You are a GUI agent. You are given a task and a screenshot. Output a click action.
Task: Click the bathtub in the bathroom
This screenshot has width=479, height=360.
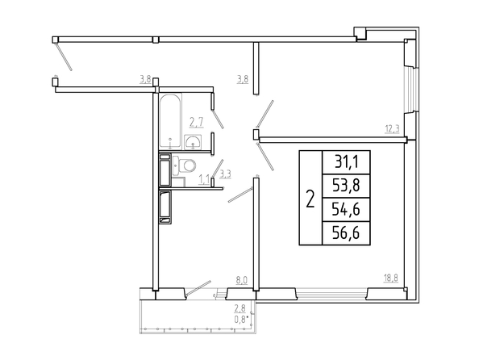[x=170, y=122]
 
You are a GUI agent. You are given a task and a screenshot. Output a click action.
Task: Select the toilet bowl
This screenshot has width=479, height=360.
[x=184, y=165]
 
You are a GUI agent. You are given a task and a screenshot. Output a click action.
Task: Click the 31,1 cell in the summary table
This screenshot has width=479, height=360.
[x=347, y=162]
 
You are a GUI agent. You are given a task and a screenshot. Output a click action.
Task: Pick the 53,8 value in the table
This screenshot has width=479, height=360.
[x=347, y=186]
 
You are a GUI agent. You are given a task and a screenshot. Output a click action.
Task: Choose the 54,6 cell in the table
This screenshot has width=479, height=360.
[x=347, y=209]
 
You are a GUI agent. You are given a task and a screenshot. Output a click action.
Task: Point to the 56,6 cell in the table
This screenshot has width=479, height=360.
[x=347, y=233]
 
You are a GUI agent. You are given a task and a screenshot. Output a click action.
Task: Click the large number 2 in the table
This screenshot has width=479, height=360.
[x=310, y=199]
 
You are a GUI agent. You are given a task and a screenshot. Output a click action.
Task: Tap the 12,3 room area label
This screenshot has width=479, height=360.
[x=392, y=129]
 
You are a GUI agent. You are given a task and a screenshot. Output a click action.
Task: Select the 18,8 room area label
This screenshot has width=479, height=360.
[x=391, y=278]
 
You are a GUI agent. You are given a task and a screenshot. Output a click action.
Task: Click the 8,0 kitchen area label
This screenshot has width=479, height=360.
[x=241, y=280]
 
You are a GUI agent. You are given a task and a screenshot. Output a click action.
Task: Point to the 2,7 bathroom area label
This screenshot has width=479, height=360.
[x=197, y=122]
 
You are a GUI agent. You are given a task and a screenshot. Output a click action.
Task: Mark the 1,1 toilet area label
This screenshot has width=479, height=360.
[x=204, y=178]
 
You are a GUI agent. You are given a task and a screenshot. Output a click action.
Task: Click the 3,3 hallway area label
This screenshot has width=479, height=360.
[x=226, y=174]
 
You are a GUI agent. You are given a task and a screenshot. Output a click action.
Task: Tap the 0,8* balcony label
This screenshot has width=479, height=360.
[x=241, y=320]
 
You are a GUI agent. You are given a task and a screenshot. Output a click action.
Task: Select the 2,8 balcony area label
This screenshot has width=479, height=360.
[x=240, y=308]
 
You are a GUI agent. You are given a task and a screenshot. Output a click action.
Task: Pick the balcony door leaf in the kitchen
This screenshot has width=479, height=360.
[x=198, y=288]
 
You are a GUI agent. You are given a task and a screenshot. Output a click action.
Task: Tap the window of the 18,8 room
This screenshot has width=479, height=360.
[x=331, y=295]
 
